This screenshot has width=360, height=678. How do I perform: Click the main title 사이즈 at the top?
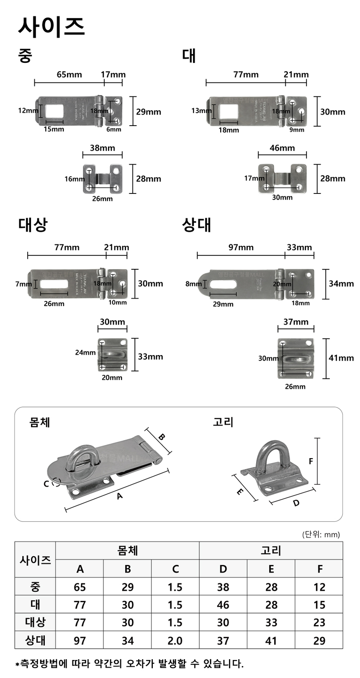(x=51, y=26)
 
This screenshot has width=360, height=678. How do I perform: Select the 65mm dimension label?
(x=69, y=75)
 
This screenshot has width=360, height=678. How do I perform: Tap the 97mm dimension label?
(x=241, y=247)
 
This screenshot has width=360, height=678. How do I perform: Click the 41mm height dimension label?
(x=341, y=358)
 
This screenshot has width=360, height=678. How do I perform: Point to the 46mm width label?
(x=282, y=148)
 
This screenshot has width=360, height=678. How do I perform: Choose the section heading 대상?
(x=33, y=224)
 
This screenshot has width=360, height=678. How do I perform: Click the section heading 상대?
(x=196, y=225)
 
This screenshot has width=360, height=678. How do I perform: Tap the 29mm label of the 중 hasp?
(x=148, y=112)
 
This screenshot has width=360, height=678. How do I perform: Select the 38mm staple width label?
(x=102, y=148)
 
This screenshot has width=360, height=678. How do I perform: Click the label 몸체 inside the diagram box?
(x=40, y=422)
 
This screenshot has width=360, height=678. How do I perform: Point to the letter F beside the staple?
(x=311, y=461)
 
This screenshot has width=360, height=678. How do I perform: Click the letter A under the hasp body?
(x=120, y=496)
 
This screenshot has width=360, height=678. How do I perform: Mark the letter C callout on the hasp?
(x=46, y=484)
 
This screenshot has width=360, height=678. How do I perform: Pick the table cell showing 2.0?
(x=175, y=640)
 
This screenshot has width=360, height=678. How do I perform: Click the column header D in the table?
(x=223, y=569)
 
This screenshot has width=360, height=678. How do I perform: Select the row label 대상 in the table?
(x=35, y=622)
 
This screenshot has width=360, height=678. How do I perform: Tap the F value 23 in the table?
(x=319, y=622)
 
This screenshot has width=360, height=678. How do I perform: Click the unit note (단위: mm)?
(x=321, y=534)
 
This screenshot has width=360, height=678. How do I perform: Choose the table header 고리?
(x=271, y=550)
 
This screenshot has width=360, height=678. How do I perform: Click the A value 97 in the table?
(x=80, y=640)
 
